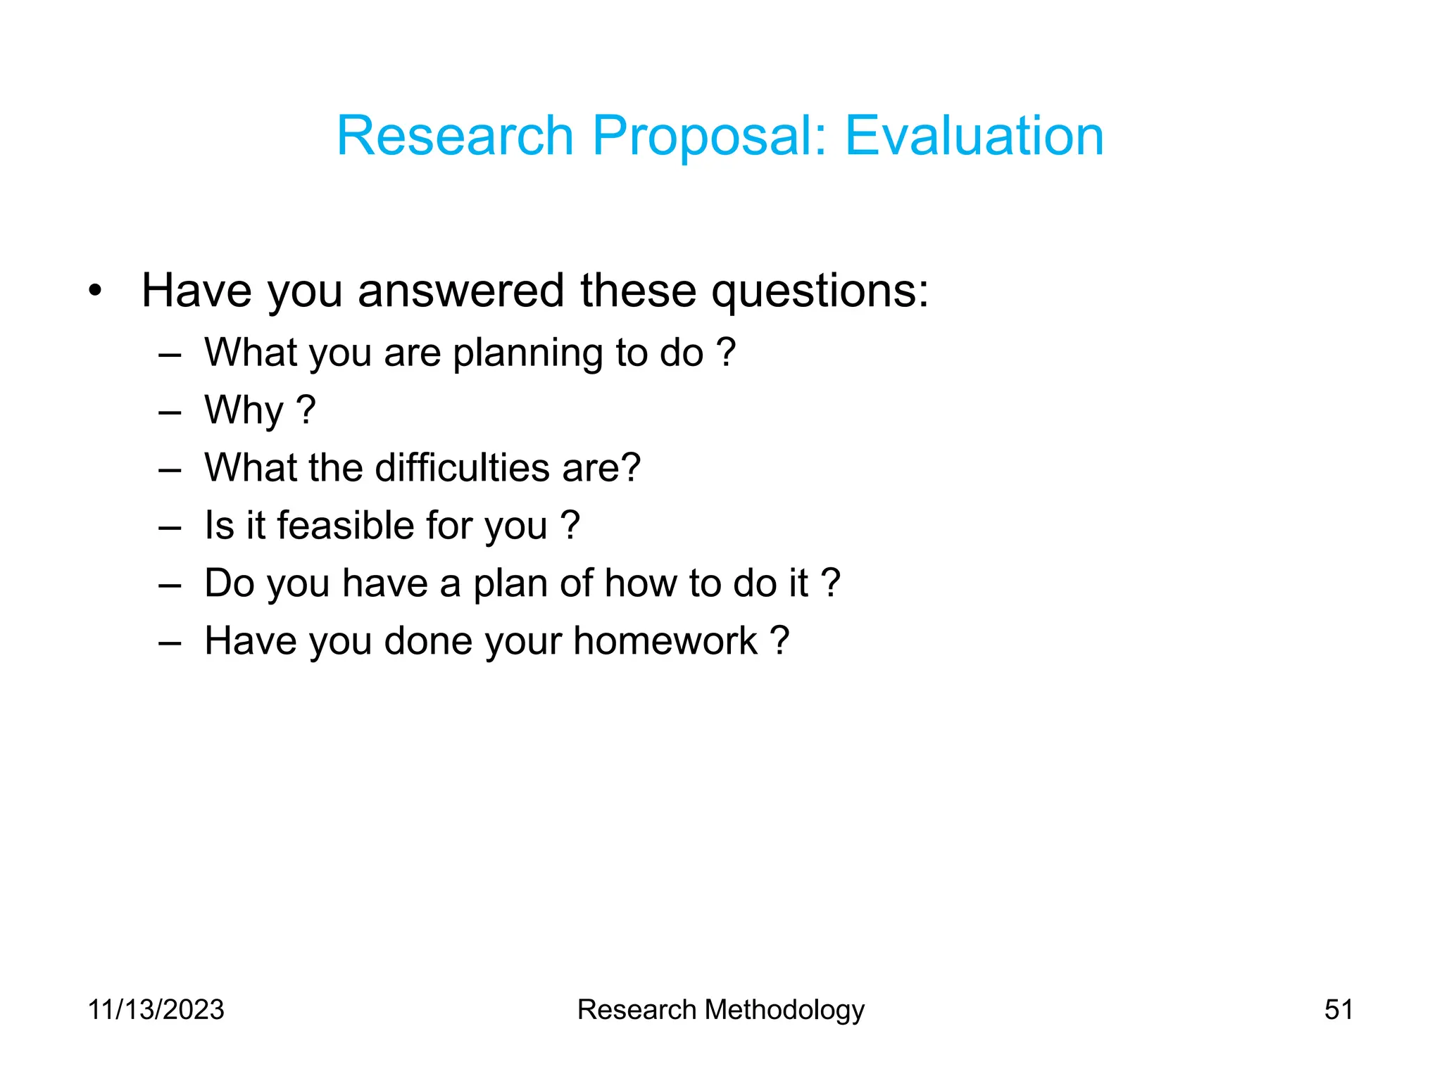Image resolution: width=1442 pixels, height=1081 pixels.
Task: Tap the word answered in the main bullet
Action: coord(460,290)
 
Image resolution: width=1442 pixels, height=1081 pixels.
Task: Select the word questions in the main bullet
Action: coord(820,290)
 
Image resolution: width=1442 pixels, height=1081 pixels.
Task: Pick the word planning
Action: coord(528,353)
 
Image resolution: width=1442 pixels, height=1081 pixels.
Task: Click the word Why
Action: coord(244,410)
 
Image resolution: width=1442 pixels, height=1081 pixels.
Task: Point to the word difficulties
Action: coord(462,467)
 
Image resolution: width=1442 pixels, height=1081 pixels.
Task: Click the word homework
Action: coord(665,640)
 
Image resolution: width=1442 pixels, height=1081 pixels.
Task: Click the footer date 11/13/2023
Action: coord(156,1009)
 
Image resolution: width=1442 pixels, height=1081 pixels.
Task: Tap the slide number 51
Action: coord(1338,1009)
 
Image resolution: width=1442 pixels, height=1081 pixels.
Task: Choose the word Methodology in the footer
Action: coord(784,1010)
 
